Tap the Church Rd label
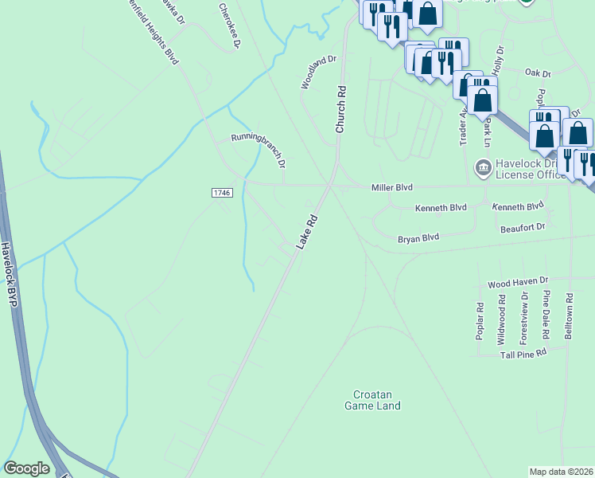pos(340,109)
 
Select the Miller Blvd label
pos(392,187)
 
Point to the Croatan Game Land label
pos(372,400)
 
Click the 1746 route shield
pos(222,193)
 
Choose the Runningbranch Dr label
pos(258,150)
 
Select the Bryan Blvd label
pos(418,237)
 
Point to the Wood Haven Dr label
pos(519,282)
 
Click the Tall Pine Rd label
pos(523,351)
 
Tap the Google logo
pos(26,468)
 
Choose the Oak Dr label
pos(538,73)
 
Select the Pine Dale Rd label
pos(546,311)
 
